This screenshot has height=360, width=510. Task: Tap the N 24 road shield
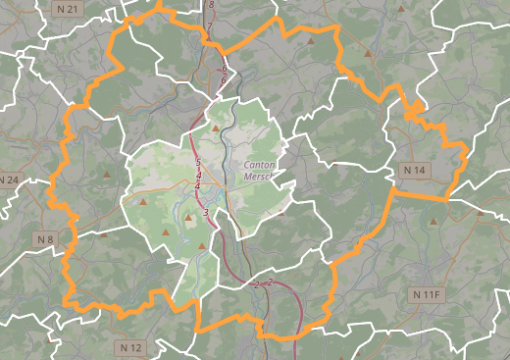click(x=9, y=180)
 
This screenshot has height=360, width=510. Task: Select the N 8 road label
click(x=44, y=239)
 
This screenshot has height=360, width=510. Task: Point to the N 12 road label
click(x=131, y=347)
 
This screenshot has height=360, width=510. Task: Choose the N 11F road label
click(x=429, y=294)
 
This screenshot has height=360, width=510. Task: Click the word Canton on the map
click(x=258, y=166)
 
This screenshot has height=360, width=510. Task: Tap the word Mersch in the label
click(x=259, y=179)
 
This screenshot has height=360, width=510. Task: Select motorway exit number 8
click(x=211, y=5)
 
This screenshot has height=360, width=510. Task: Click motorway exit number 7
click(x=208, y=27)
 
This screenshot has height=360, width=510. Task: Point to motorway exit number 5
click(x=198, y=162)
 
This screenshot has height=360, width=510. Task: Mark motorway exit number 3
click(x=206, y=212)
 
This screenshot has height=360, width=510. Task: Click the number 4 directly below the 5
click(x=199, y=174)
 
